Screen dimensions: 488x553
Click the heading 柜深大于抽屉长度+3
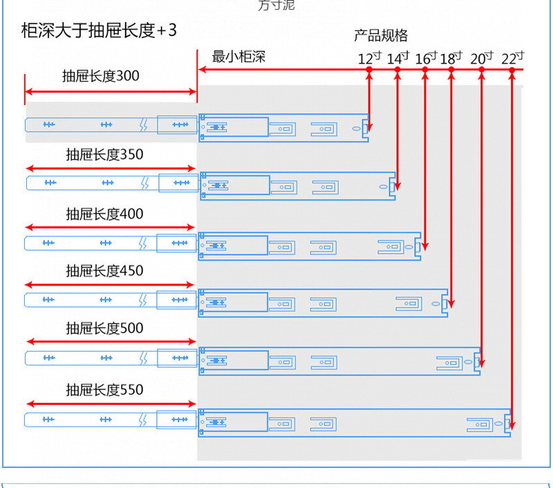click(99, 32)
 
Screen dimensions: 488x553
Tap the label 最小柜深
click(238, 57)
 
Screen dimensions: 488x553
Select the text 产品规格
click(381, 36)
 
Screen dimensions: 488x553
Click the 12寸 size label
click(369, 58)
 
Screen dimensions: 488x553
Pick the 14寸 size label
click(397, 58)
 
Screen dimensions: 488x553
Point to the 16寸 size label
click(426, 58)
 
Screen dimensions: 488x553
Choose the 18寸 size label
click(451, 58)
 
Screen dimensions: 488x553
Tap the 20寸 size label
click(481, 58)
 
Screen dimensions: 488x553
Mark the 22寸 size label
click(512, 58)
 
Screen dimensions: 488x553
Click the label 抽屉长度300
click(100, 76)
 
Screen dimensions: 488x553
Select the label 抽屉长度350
click(104, 155)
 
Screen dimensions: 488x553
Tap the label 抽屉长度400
click(104, 214)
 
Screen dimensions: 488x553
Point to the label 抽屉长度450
click(104, 271)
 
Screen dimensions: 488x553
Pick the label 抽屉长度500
click(104, 328)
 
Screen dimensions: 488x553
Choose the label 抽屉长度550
click(104, 390)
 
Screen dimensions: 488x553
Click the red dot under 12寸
click(369, 70)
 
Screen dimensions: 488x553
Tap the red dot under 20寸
click(481, 70)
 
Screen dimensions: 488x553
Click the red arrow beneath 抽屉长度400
click(111, 227)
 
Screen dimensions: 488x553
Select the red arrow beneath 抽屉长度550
click(111, 404)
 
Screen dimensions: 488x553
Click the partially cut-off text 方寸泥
click(276, 6)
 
